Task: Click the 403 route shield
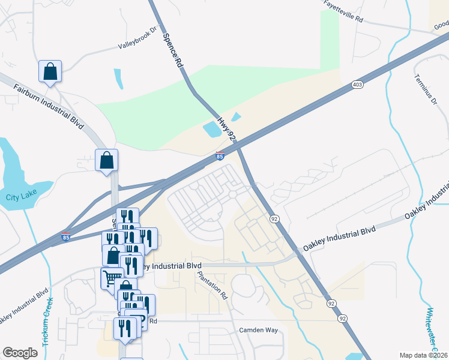click(357, 85)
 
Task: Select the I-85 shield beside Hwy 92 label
click(220, 156)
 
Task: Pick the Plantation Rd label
click(213, 286)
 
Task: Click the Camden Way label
click(259, 330)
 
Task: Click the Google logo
click(20, 353)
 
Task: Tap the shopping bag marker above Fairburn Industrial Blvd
click(50, 71)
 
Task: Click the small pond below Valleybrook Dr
click(118, 79)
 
